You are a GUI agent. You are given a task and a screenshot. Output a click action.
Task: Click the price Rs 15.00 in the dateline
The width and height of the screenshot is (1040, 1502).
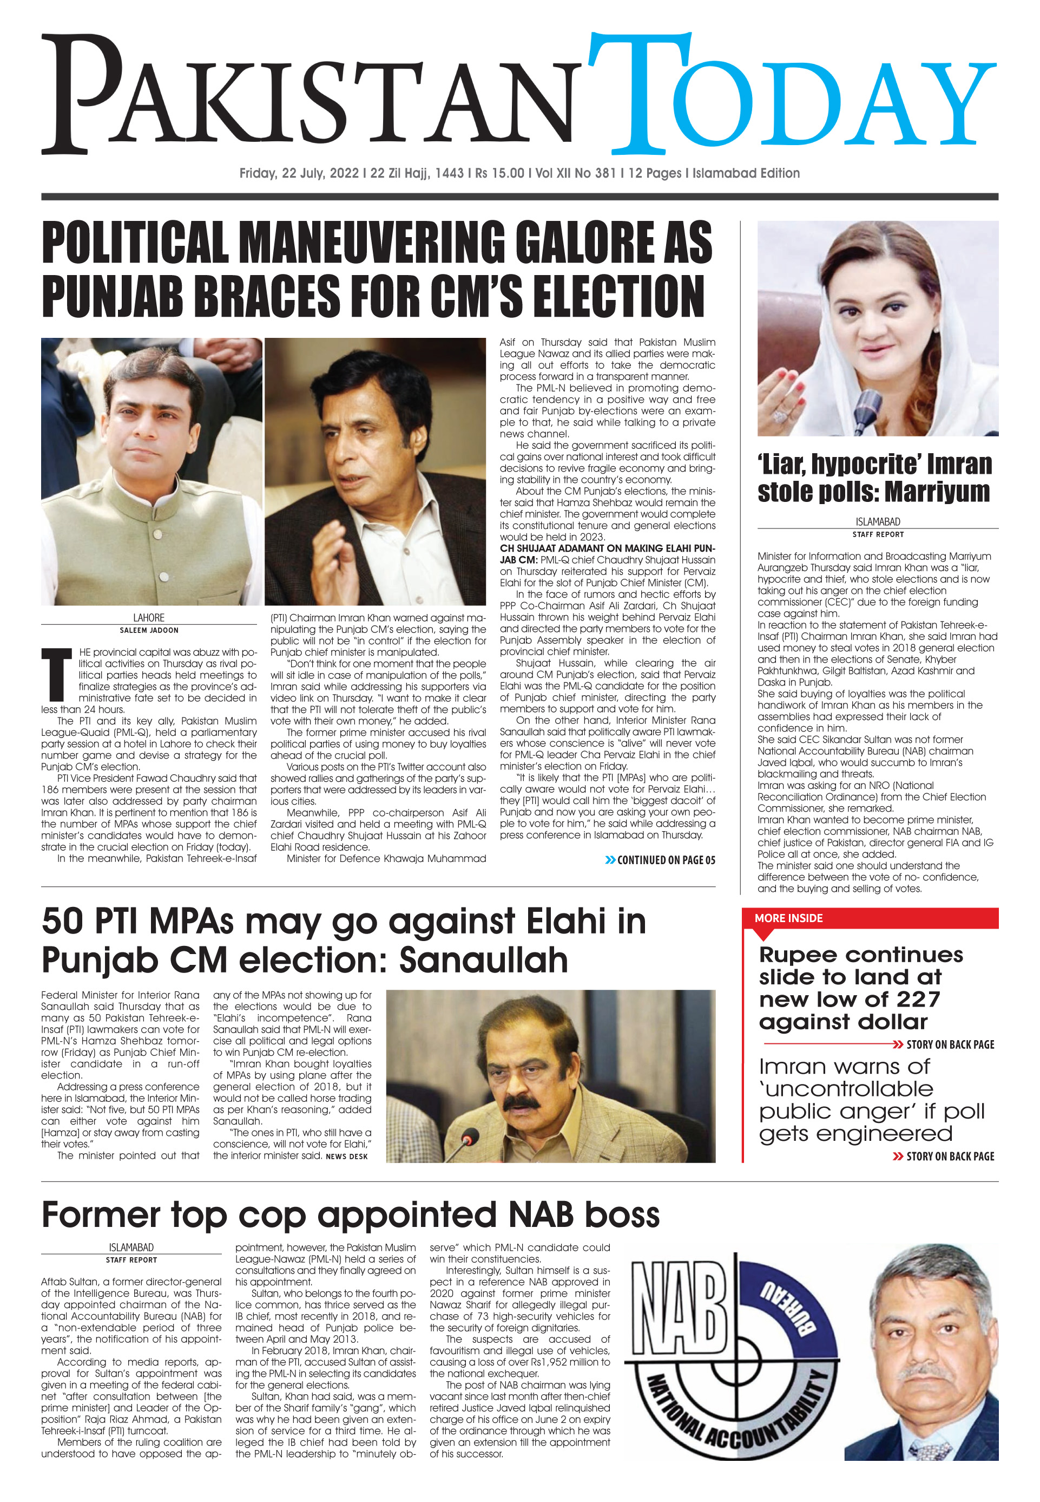500,173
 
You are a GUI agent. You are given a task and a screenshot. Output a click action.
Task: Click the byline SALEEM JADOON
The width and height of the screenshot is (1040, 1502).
149,630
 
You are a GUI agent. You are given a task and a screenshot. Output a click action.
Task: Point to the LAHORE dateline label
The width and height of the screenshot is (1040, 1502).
149,617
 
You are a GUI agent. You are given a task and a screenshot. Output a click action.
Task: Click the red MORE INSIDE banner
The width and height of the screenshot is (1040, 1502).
788,918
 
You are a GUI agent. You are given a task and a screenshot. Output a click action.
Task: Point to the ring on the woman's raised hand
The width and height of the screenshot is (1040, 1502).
780,415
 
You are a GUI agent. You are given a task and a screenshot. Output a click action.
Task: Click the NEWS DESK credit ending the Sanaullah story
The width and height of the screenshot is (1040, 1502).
347,1157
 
